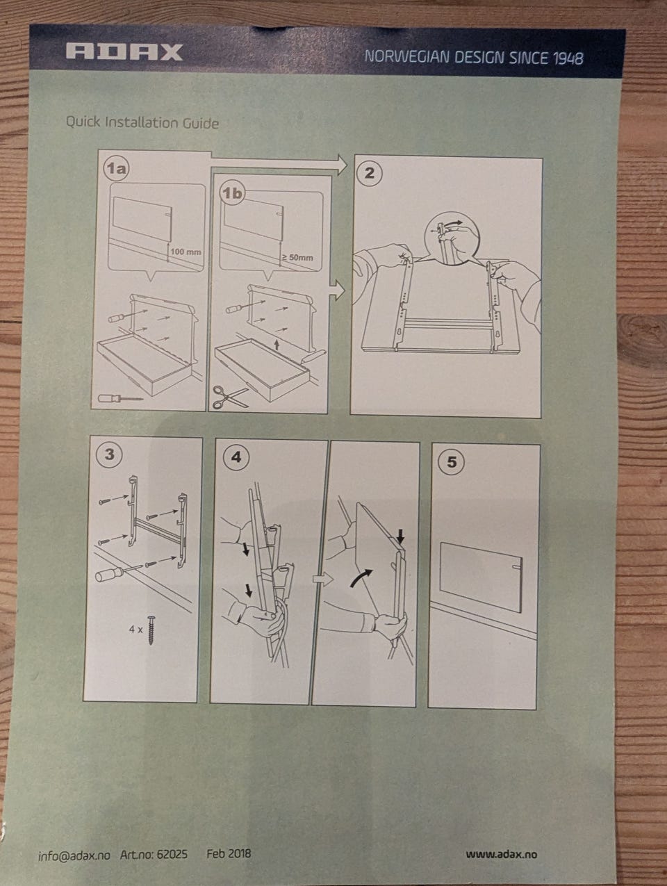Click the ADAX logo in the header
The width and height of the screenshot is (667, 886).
(124, 52)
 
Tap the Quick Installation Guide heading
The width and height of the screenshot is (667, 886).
(142, 122)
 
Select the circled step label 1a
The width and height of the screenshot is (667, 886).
(116, 168)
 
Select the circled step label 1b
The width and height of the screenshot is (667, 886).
(232, 193)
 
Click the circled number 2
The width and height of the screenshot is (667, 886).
(369, 173)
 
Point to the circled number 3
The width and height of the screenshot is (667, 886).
(109, 454)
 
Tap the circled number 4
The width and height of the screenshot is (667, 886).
(236, 457)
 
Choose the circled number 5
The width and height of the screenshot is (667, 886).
(452, 462)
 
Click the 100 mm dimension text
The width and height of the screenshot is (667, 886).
(186, 252)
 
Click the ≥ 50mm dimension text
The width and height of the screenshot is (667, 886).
(297, 258)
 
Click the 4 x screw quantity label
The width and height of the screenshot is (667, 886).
(135, 630)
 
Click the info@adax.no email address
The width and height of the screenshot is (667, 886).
(74, 854)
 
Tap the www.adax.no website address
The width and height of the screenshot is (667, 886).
(502, 854)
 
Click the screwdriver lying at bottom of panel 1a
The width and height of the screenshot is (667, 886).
(120, 397)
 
